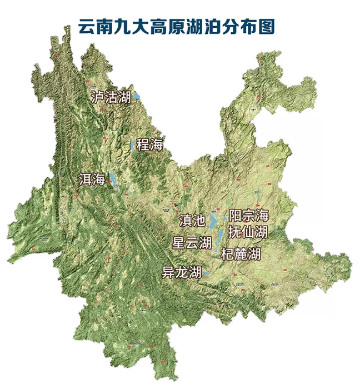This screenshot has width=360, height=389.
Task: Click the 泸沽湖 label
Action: coord(111,97)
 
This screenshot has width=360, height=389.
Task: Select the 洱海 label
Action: coord(92,179)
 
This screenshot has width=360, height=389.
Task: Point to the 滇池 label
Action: coord(192,220)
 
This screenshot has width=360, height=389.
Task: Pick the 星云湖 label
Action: coord(192,243)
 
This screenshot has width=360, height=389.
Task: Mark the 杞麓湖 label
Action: coord(241,255)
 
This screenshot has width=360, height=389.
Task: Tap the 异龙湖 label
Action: coord(181,273)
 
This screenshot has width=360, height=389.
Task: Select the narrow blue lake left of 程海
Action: coord(132,144)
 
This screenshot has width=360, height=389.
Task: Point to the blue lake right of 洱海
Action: coord(112,179)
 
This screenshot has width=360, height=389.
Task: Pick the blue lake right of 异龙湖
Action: coord(205,273)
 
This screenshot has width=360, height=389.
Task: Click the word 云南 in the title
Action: coord(92,26)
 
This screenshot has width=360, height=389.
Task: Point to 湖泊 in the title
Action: coord(203,26)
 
